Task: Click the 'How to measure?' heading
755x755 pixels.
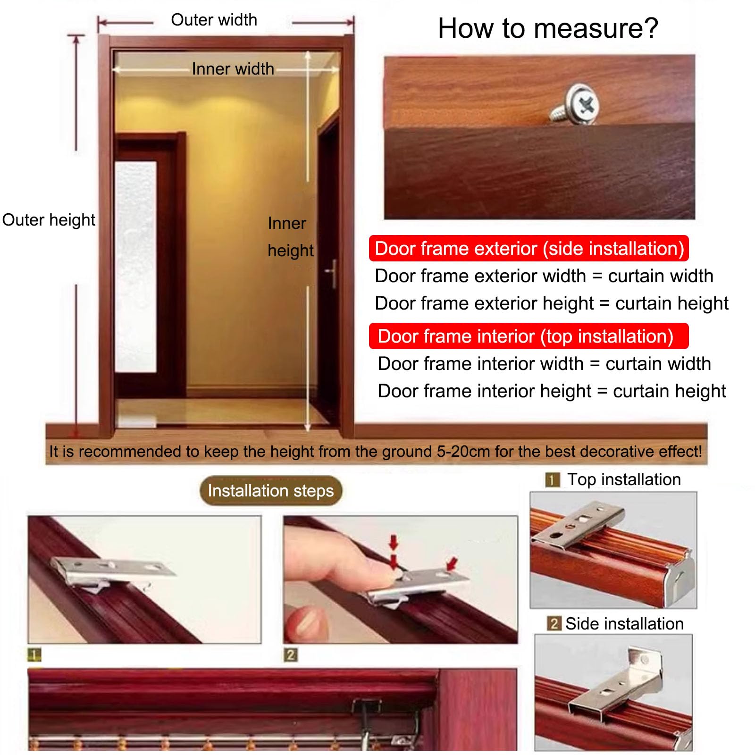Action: [x=548, y=28]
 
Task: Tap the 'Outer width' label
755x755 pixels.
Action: [x=214, y=20]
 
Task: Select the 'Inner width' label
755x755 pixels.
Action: [x=233, y=69]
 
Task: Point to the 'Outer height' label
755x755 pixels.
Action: [x=49, y=220]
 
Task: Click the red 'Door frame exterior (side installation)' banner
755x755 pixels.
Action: [x=529, y=248]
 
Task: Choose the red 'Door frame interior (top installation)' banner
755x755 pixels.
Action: [x=529, y=336]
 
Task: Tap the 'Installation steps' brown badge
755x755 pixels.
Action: [x=271, y=491]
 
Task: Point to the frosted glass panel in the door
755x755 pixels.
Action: [x=135, y=267]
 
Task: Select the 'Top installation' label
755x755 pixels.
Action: [x=624, y=479]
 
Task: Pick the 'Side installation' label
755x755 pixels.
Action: [x=624, y=624]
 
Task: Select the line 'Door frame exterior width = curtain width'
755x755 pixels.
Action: [x=544, y=276]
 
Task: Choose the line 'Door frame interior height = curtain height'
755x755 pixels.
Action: [x=552, y=391]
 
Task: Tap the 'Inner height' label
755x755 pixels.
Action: [x=290, y=237]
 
